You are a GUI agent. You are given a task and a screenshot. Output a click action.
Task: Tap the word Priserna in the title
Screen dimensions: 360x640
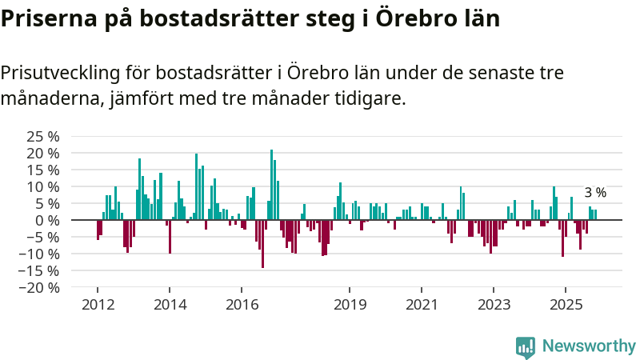[x=47, y=18]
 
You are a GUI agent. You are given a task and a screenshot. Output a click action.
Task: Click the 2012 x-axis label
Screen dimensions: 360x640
[x=97, y=304]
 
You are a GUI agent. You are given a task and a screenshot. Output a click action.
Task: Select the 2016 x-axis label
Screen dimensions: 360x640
[x=242, y=304]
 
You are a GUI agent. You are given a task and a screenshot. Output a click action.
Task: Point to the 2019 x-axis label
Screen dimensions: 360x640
[x=350, y=304]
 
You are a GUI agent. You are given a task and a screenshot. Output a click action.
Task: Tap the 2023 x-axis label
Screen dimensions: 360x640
[x=494, y=304]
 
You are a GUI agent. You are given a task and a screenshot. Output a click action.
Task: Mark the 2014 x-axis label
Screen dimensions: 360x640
[x=169, y=304]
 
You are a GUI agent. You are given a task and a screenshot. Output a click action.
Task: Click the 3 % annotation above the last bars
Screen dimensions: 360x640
[x=595, y=193]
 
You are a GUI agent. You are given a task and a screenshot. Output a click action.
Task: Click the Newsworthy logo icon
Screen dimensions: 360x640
[x=526, y=346]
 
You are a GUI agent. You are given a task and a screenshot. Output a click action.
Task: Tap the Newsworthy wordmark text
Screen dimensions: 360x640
[x=589, y=346]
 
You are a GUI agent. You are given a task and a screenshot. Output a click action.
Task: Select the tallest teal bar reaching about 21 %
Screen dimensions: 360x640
[x=271, y=184]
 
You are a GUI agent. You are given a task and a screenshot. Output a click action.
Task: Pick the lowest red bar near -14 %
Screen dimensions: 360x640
[x=262, y=244]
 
